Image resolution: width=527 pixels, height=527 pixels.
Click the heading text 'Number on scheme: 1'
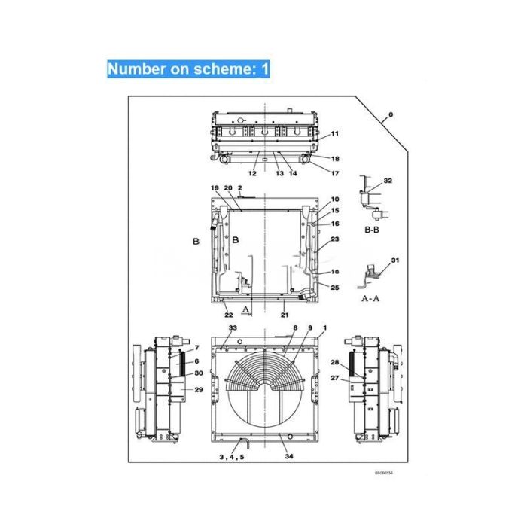[x=187, y=69]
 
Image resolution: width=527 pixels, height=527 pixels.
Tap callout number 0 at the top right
[x=390, y=116]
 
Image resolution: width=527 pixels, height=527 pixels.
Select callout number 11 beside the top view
[x=334, y=133]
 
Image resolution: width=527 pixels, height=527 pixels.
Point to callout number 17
[x=334, y=174]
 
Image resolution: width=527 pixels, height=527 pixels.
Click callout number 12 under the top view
[x=252, y=174]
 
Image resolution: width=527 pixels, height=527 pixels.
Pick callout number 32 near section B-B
[x=388, y=181]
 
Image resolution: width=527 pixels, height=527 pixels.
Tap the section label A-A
[x=371, y=297]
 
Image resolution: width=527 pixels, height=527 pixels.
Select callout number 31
[x=394, y=260]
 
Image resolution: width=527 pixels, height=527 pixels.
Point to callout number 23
[x=334, y=239]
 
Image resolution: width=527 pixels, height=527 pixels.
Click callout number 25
[x=334, y=288]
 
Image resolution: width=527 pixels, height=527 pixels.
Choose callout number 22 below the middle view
[x=228, y=315]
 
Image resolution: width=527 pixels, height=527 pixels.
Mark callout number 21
[x=285, y=315]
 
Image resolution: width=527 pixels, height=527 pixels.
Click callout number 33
[x=233, y=329]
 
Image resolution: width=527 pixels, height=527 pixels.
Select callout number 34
[x=288, y=457]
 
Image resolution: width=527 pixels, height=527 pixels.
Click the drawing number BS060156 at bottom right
[x=384, y=474]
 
